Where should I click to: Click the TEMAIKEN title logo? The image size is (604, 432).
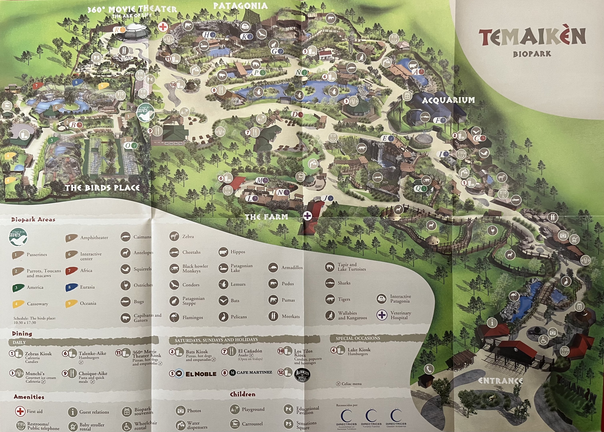[532, 37]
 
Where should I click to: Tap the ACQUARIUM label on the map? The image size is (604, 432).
[448, 100]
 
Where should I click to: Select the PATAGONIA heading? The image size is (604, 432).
[240, 6]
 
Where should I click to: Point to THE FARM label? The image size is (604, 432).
[266, 217]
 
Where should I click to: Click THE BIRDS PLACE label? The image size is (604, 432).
[102, 188]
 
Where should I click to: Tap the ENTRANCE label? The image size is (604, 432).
[500, 381]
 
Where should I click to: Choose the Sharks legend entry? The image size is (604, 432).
[344, 283]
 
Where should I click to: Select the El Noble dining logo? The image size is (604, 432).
[201, 374]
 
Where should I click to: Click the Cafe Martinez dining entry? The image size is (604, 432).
[254, 372]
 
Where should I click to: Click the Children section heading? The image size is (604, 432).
[243, 394]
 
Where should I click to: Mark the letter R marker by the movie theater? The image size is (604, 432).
[117, 30]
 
